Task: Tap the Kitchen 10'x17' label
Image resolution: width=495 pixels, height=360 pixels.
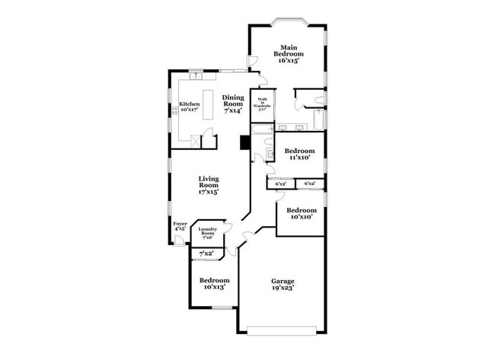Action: pos(190,107)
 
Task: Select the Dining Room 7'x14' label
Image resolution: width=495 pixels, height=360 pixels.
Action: pos(233,104)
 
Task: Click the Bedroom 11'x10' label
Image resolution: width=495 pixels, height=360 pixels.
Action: pos(300,155)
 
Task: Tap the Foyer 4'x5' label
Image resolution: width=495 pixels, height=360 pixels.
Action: pos(180,226)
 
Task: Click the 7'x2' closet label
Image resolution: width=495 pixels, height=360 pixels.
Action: pos(206,253)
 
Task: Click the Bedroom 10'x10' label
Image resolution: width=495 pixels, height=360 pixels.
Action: pos(302,213)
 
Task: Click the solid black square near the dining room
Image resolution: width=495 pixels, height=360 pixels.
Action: pos(244,143)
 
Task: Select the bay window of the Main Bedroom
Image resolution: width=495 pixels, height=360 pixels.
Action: pos(289,21)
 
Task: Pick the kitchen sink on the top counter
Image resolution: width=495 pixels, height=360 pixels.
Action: pos(196,75)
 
